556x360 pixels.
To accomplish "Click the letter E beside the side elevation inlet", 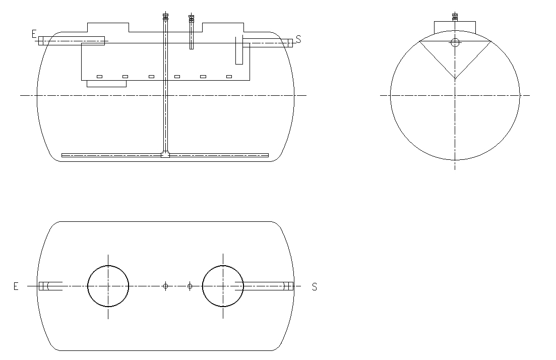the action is point(34,34).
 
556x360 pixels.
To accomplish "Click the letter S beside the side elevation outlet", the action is point(298,39).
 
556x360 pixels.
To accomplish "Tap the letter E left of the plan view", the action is point(16,286).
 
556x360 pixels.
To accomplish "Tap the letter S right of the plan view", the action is point(315,286).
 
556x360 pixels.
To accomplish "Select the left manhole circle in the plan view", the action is point(108,265).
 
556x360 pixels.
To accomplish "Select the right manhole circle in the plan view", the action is point(223,265).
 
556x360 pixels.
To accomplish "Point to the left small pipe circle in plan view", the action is point(166,286).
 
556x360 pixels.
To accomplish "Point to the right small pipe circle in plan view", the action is point(190,286).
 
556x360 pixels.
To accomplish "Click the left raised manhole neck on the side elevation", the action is point(108,23).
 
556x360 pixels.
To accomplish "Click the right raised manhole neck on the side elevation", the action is point(223,23).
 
